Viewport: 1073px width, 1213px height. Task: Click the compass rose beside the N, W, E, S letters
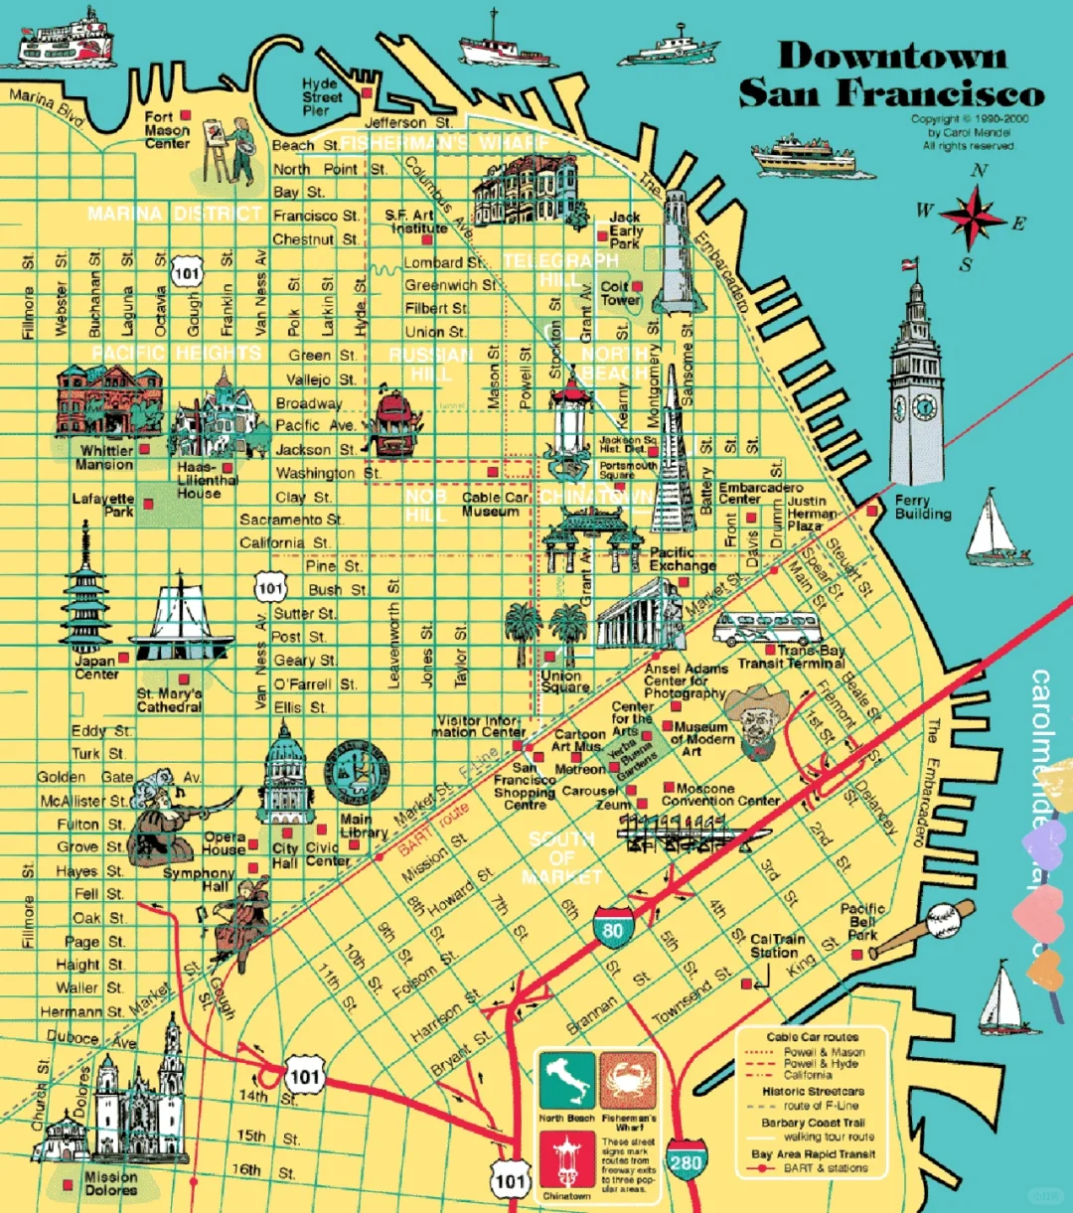973,218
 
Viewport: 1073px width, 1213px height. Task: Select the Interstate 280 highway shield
686,1159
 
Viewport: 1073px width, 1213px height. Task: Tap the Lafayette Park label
103,505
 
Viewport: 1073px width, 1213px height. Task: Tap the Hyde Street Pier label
322,97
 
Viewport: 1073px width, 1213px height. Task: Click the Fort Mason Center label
166,130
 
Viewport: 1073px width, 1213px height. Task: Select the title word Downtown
891,56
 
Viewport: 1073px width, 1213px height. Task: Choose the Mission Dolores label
110,1183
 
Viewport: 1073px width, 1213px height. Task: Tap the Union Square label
564,681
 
